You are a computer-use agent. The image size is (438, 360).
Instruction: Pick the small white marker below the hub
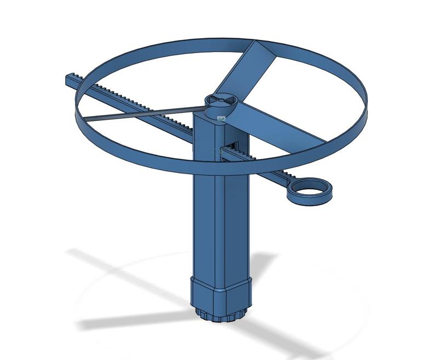point(221,118)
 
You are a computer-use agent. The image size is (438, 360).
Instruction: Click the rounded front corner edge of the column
point(223,219)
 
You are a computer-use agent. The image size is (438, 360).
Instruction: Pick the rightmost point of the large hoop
point(367,107)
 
